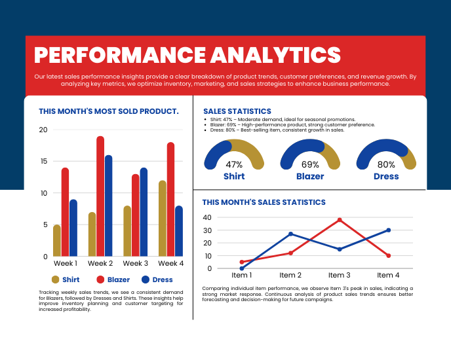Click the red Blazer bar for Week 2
(x=100, y=196)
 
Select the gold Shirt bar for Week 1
(x=57, y=240)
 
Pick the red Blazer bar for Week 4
(x=170, y=199)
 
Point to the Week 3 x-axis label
(x=136, y=263)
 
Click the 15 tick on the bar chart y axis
(x=43, y=161)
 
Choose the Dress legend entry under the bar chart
(x=157, y=280)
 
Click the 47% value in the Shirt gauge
(x=234, y=165)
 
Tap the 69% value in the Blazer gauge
(x=310, y=165)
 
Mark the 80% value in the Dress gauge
(x=386, y=165)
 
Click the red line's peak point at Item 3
(x=340, y=220)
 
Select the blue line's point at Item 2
(x=290, y=234)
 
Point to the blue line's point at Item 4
(x=389, y=230)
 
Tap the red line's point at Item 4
(x=389, y=255)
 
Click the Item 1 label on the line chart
(x=241, y=276)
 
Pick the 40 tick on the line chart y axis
(x=207, y=217)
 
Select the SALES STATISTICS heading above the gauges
(x=237, y=111)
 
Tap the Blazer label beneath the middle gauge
(x=310, y=177)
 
